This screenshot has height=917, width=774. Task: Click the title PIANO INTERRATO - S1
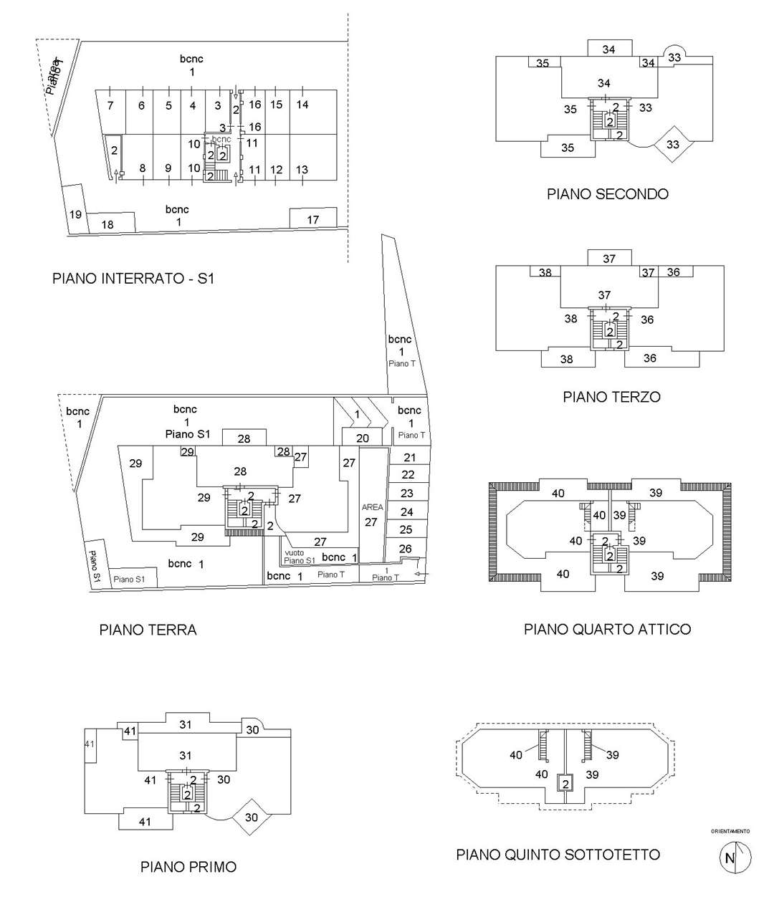(133, 279)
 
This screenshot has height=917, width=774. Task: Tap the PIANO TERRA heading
(148, 630)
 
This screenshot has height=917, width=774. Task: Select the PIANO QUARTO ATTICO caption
(607, 629)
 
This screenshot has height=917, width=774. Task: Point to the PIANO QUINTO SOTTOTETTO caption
(558, 855)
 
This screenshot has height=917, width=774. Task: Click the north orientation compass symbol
(735, 858)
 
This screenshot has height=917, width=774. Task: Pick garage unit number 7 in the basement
(110, 106)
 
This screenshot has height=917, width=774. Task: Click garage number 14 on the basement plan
(302, 105)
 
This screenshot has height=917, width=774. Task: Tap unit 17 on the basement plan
(313, 219)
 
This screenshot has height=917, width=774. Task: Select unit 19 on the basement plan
(75, 214)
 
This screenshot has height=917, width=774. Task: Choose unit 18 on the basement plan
(107, 224)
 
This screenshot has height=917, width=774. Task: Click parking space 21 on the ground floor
(409, 457)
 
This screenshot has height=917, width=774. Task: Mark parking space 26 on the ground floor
(405, 549)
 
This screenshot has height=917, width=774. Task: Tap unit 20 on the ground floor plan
(363, 438)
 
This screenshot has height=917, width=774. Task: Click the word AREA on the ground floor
(372, 507)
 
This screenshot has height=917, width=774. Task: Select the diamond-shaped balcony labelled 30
(252, 817)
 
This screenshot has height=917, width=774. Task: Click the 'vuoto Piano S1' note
(297, 556)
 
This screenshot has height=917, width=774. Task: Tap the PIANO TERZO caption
(611, 397)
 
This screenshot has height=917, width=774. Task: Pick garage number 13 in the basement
(302, 170)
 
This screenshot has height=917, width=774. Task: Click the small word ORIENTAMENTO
(730, 832)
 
